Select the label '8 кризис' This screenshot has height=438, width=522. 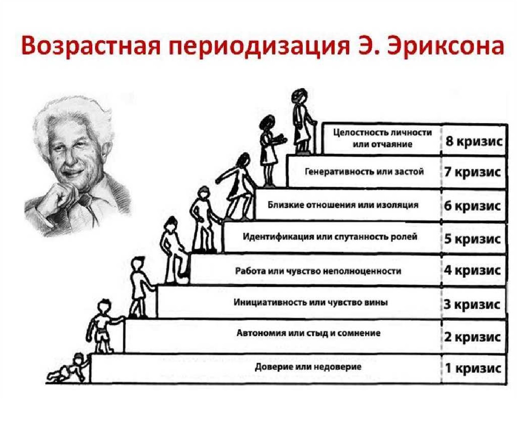tap(474, 142)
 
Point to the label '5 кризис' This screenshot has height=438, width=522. tap(472, 239)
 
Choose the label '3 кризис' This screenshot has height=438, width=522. tap(472, 305)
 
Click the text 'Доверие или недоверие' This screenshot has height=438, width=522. tap(308, 367)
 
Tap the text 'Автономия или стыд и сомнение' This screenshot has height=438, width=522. tap(308, 333)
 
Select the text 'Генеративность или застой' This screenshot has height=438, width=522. tap(364, 172)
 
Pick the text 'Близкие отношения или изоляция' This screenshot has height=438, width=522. tap(343, 205)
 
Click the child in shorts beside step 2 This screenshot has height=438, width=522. tap(103, 326)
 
